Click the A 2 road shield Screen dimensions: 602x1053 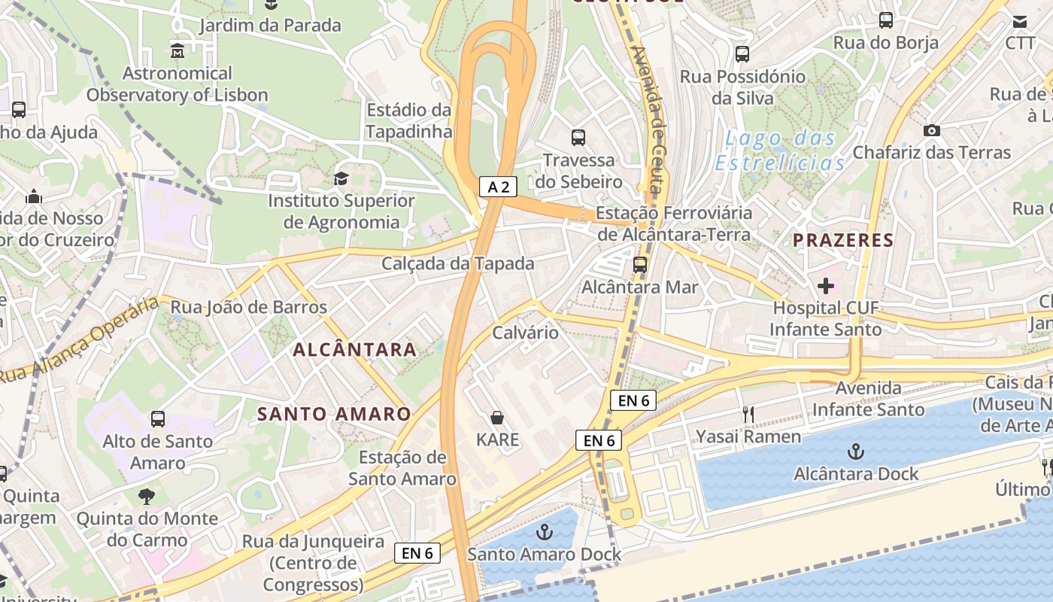pos(498,187)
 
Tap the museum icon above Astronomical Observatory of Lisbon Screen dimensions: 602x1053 pos(178,51)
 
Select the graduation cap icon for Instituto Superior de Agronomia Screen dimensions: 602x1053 pos(341,178)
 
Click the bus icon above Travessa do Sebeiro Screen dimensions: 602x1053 pos(578,137)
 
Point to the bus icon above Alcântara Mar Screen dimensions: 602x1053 pos(640,264)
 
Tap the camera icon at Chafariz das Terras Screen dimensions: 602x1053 pos(932,130)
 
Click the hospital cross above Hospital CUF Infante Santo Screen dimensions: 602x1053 pos(825,286)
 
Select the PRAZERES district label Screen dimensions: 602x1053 pos(843,241)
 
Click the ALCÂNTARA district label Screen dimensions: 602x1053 pos(354,349)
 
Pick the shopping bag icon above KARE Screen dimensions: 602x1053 pos(497,417)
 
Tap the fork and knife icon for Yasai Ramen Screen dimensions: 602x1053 pos(748,415)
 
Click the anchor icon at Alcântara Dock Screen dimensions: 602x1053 pos(856,451)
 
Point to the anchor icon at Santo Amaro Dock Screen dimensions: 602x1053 pos(544,533)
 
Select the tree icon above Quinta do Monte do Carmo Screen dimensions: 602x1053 pos(147,497)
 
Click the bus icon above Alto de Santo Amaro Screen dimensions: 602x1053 pos(158,419)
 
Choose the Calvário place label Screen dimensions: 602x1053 pos(525,333)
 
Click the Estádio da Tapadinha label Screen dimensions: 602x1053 pos(409,120)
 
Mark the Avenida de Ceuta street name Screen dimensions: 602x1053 pos(651,120)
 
